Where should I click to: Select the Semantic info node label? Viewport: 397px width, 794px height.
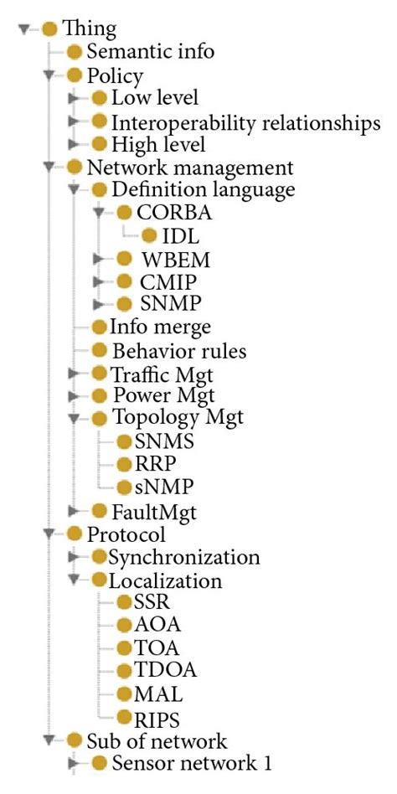pos(151,52)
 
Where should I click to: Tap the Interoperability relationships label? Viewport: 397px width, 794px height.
pos(246,122)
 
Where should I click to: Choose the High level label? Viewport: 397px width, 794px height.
pos(158,145)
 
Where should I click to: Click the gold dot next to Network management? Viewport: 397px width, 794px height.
pos(75,168)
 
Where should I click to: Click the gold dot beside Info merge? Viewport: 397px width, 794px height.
pos(99,326)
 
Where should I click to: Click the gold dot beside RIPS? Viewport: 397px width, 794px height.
pos(124,717)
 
